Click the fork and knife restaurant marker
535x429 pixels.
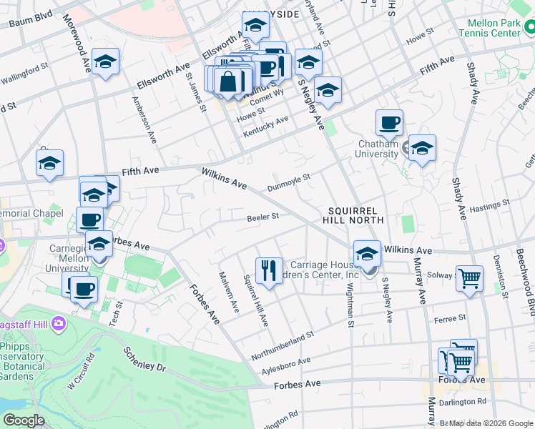268,270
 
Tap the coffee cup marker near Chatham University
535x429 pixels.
389,122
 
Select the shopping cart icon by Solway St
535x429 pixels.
469,278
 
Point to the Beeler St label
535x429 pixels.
262,217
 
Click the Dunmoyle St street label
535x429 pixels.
288,182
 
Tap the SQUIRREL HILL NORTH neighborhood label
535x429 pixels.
356,215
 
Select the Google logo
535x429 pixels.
23,420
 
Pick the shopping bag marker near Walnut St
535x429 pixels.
228,81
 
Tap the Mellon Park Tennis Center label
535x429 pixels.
489,28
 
